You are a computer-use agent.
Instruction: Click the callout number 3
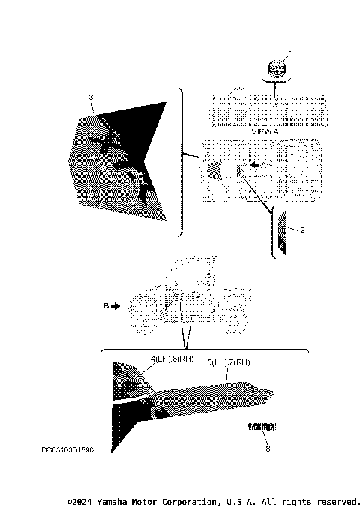click(x=91, y=97)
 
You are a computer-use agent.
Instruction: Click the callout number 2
click(x=302, y=230)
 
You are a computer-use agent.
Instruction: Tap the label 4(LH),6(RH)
click(x=172, y=361)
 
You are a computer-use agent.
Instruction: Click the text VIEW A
click(x=264, y=131)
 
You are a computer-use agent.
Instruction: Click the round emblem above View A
click(x=277, y=71)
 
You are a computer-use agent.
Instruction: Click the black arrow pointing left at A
click(x=255, y=162)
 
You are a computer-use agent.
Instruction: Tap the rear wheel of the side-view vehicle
click(x=235, y=323)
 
